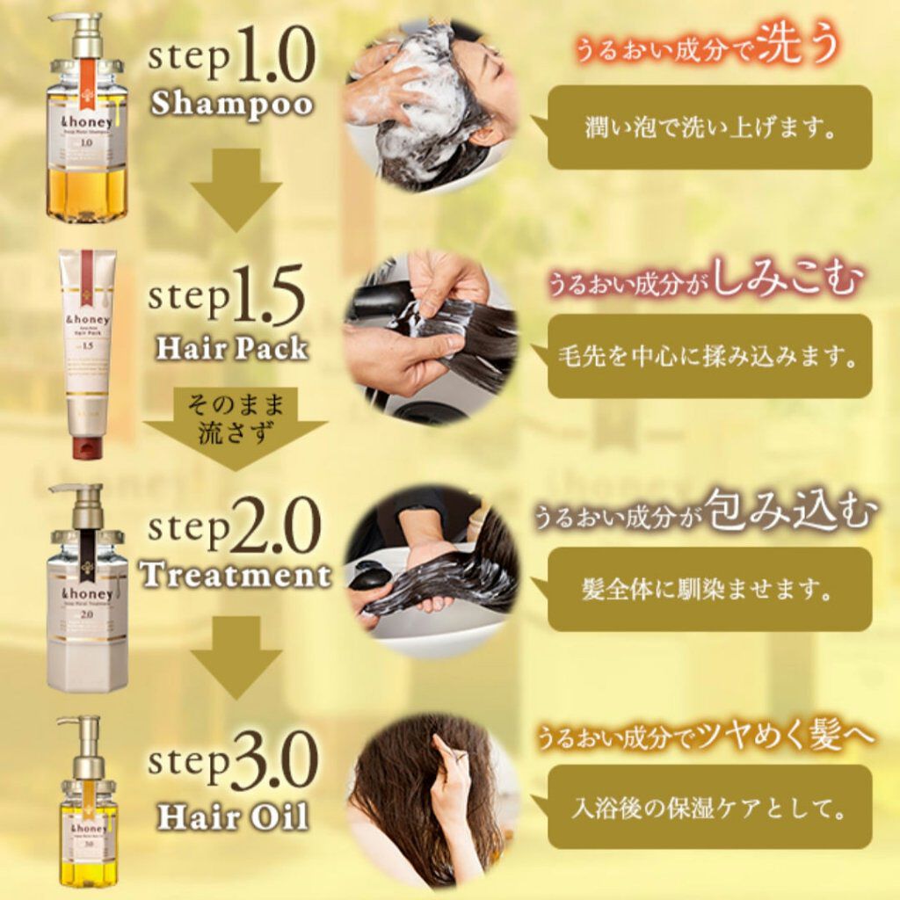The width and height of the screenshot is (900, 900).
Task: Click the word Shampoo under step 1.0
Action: (x=232, y=104)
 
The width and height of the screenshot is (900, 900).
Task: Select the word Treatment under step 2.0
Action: (x=236, y=575)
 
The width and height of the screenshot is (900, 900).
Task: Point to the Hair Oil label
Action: (x=233, y=817)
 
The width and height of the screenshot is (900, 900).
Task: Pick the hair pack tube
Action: (x=87, y=352)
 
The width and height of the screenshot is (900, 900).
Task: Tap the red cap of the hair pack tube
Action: (x=87, y=446)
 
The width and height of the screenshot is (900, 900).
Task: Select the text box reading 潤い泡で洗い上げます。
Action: (x=709, y=127)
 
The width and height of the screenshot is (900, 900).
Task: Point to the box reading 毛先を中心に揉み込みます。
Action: (x=709, y=357)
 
